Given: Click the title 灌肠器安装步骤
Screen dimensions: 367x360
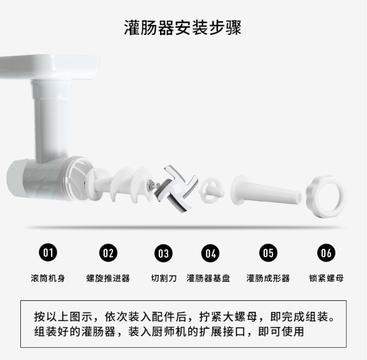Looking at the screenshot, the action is (183, 28).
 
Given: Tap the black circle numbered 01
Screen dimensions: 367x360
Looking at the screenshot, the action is (48, 253).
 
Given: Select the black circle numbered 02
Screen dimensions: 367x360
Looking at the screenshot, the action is (108, 253).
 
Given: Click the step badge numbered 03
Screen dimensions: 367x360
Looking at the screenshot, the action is (163, 253).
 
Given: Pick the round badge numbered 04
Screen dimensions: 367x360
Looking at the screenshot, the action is (210, 253).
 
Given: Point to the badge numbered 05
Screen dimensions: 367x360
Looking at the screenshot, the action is (268, 253).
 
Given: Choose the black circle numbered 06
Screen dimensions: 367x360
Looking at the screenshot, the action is (326, 253).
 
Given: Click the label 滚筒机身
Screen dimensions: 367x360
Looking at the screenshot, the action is (48, 278).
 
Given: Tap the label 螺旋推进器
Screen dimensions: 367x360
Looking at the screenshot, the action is (108, 278).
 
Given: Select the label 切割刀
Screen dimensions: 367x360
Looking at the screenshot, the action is (163, 278).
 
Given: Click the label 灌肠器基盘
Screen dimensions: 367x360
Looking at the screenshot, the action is (208, 278).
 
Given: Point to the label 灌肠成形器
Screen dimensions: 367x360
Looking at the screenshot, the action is (268, 278).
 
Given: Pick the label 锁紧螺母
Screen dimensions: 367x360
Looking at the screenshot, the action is (326, 278).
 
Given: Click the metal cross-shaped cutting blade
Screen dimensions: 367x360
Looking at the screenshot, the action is (176, 189).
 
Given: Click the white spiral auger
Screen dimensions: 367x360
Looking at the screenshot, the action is (120, 184).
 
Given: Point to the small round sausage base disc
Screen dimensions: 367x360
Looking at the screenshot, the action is (211, 190).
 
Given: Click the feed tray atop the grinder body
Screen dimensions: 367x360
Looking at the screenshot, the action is (50, 67).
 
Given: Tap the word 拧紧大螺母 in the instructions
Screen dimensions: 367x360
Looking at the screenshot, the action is (228, 317).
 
